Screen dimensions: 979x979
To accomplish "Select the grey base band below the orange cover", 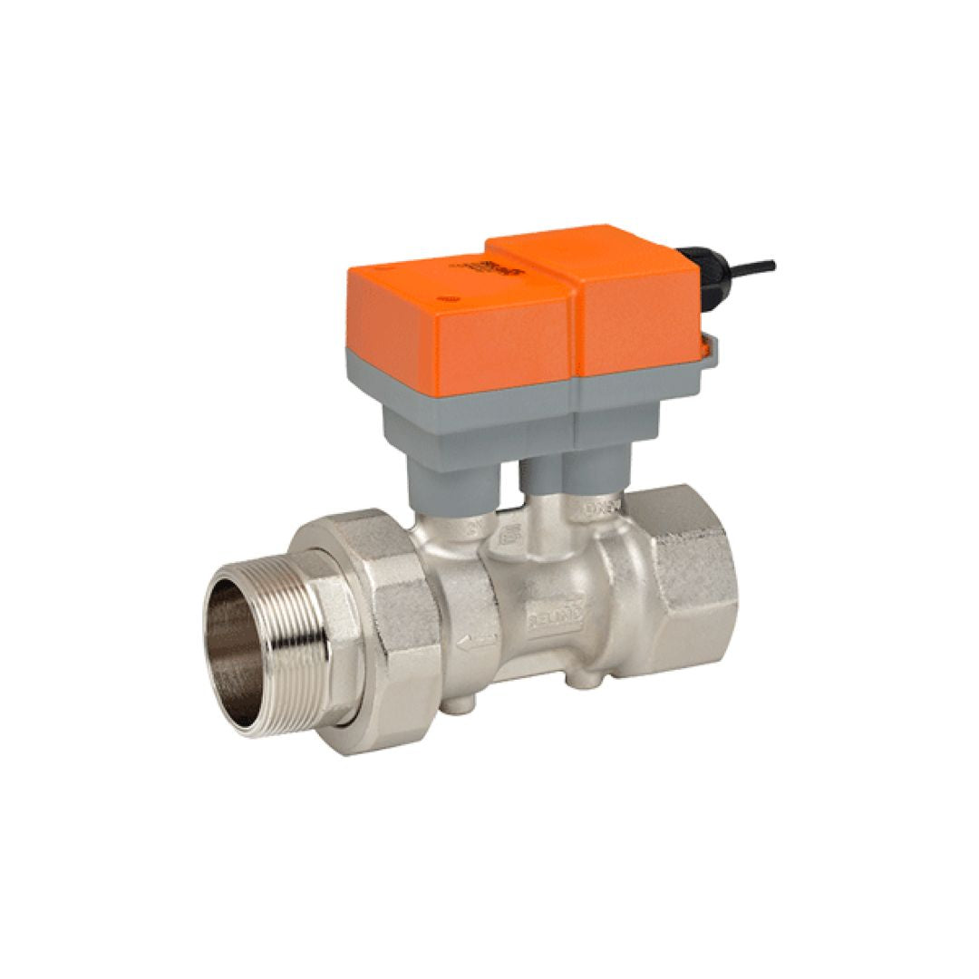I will [508, 385].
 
